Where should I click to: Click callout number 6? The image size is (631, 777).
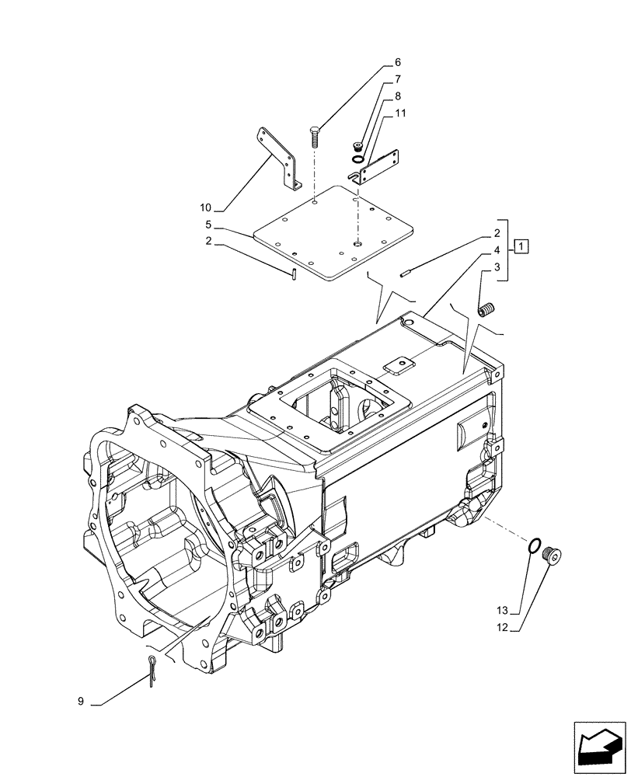click(x=397, y=62)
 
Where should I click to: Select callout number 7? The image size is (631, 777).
click(x=397, y=79)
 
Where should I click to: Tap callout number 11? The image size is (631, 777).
click(x=400, y=113)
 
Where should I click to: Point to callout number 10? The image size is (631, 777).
click(x=205, y=207)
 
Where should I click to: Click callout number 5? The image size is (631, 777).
click(x=208, y=224)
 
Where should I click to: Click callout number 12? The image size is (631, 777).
click(x=501, y=628)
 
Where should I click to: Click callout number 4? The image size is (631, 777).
click(x=495, y=250)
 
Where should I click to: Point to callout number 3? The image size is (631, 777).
click(x=495, y=267)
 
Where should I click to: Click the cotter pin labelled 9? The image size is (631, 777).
click(x=153, y=667)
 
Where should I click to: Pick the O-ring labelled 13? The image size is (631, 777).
click(x=533, y=547)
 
